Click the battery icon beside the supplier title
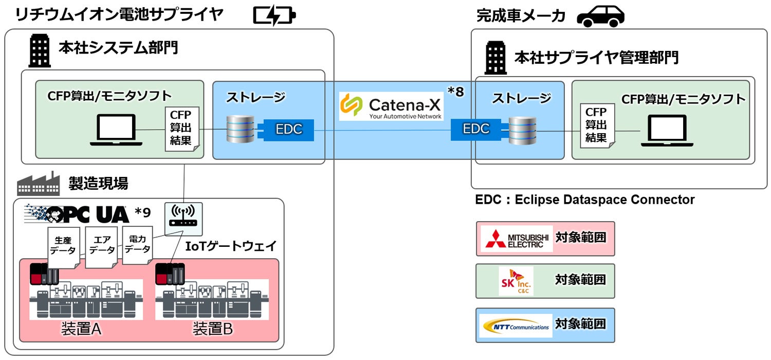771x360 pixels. [274, 15]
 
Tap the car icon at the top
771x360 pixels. [600, 16]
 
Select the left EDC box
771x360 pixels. [289, 130]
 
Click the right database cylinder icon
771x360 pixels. [522, 131]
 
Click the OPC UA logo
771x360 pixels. [77, 213]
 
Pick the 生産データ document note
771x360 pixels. [62, 246]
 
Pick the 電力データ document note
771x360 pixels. [137, 245]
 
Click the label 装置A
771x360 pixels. [81, 329]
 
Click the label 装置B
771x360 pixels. [213, 329]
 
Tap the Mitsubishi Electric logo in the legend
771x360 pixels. [516, 239]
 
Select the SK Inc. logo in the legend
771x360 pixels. [516, 281]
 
